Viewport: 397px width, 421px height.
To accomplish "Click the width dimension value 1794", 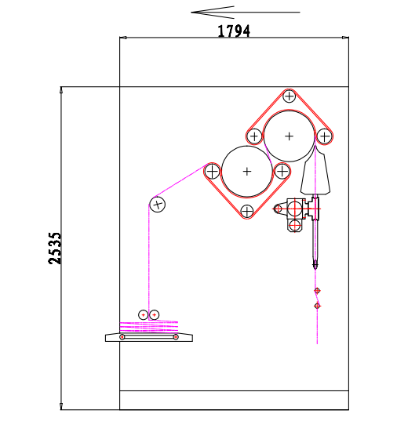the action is [x=234, y=31].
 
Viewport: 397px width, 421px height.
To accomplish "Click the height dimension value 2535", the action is [x=55, y=249].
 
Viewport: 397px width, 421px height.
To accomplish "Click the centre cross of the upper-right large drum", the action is [x=289, y=136].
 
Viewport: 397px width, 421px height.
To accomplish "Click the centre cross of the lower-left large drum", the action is [x=246, y=172].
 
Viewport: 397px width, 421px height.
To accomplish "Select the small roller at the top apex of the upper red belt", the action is [x=290, y=96].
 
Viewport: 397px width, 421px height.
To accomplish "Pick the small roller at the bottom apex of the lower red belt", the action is [x=246, y=212].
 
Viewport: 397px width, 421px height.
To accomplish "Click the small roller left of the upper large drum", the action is [x=254, y=136].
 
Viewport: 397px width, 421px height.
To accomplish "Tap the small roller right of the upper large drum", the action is [x=324, y=136].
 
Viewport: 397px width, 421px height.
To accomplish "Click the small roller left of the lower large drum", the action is [x=212, y=171].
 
